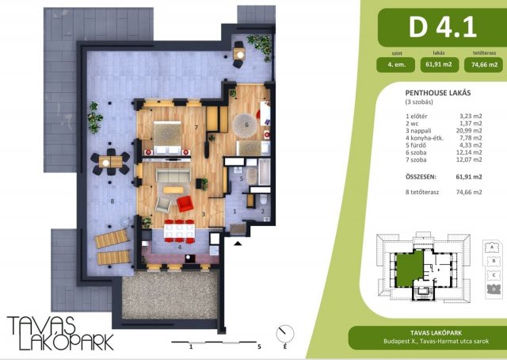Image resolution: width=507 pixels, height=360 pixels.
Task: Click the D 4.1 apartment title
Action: point(442,27)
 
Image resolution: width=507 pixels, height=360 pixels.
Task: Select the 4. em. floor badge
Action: point(395,65)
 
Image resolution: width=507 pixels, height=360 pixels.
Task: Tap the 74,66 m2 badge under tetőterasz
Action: point(484,65)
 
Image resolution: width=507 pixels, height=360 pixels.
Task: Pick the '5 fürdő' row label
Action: point(414,145)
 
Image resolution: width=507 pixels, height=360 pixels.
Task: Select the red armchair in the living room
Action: point(185,204)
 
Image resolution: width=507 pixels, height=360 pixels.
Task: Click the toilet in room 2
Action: point(263,200)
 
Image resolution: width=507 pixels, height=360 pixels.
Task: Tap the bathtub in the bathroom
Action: point(264,171)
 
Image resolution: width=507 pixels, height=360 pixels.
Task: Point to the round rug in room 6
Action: point(246,124)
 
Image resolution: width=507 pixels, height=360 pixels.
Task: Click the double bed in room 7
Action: point(167,138)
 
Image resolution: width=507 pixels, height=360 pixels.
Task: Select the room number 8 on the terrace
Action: point(112,201)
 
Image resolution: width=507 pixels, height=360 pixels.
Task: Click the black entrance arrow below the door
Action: point(238,243)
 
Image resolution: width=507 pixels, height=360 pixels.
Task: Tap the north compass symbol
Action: point(285,334)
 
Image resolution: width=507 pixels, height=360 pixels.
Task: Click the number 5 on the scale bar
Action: point(259,347)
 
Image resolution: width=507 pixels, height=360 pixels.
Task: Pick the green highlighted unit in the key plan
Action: point(410,268)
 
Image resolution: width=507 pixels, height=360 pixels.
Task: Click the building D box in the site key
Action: point(494,289)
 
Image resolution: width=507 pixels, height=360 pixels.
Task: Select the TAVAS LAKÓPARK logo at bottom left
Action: point(60,333)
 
